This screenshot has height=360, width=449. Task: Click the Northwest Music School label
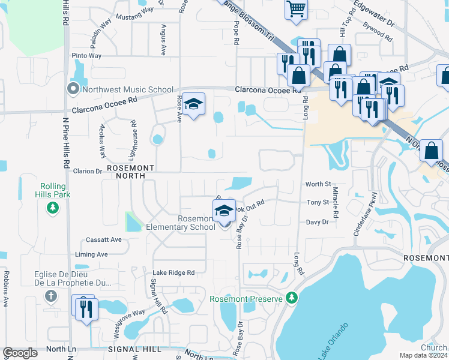[128, 90]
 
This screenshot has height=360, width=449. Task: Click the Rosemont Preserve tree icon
[292, 298]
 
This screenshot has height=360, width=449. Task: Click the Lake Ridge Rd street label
[173, 272]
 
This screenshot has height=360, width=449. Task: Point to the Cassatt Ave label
[104, 239]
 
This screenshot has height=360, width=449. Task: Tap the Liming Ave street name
[91, 254]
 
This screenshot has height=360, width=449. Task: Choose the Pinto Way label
[86, 56]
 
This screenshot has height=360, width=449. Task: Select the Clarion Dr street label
[88, 171]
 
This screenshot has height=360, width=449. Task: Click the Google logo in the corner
[20, 353]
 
